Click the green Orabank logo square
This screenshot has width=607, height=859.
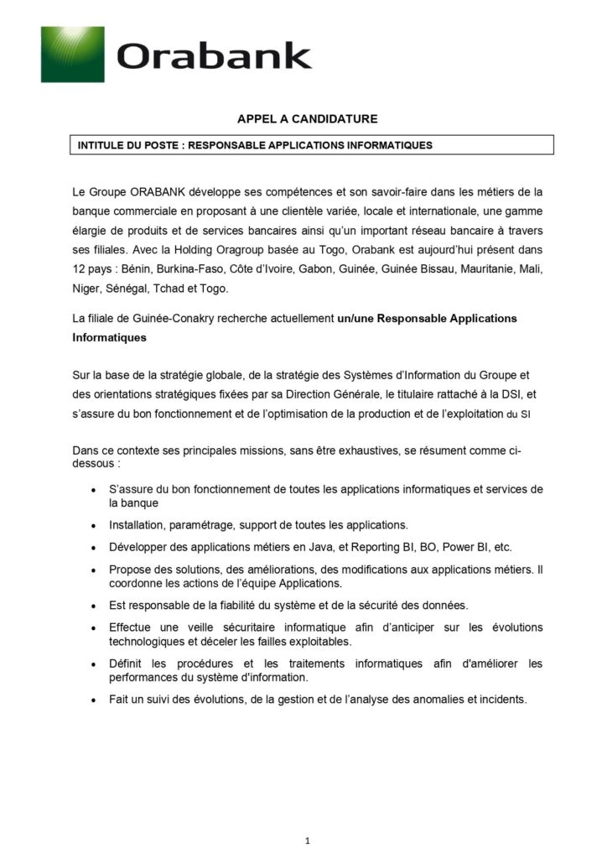click(72, 55)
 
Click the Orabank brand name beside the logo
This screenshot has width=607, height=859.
click(214, 56)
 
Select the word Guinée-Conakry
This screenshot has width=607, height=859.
click(159, 319)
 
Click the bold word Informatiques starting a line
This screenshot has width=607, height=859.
click(110, 338)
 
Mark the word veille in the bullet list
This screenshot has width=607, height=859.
click(200, 627)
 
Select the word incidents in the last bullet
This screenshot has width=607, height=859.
click(501, 700)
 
